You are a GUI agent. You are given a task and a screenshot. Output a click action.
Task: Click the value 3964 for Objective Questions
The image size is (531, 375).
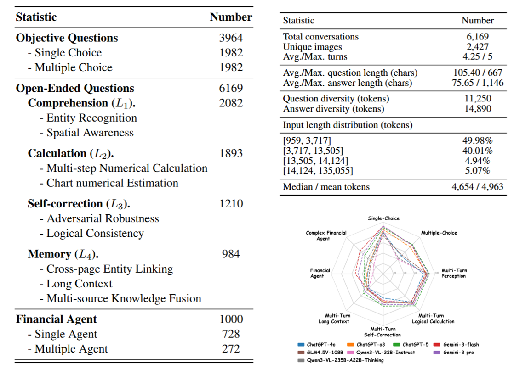[x=231, y=38]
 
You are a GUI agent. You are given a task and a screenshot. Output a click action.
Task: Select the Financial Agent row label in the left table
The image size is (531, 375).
[x=56, y=319]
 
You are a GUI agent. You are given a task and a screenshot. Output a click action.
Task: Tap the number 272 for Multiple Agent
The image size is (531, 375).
[x=231, y=348]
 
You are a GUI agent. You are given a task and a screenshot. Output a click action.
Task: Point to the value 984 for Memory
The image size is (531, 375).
[x=231, y=254]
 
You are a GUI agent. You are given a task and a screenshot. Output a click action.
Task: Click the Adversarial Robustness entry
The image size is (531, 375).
[x=103, y=218]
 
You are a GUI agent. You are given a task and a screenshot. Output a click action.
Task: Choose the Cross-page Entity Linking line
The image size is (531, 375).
[x=109, y=269]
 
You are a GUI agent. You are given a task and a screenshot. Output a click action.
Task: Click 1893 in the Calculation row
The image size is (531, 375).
[x=231, y=153]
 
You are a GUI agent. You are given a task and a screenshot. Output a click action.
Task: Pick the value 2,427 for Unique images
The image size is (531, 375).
[x=478, y=46]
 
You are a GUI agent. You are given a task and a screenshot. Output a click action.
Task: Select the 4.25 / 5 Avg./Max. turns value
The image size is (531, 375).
[x=478, y=56]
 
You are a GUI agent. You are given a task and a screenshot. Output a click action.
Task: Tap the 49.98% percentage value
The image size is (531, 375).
[x=478, y=140]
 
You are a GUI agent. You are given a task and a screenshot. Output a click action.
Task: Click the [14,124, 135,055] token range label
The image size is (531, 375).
[x=318, y=171]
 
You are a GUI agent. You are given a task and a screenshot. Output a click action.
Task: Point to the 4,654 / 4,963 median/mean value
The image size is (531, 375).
[x=478, y=186]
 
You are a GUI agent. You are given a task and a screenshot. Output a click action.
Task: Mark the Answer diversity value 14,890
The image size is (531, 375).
[x=478, y=109]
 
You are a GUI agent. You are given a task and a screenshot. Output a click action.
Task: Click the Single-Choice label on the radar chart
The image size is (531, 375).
[x=383, y=218]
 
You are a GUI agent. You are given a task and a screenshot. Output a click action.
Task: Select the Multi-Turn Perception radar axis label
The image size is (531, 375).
[x=454, y=273]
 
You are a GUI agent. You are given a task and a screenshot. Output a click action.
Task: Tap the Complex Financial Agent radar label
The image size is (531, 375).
[x=326, y=235]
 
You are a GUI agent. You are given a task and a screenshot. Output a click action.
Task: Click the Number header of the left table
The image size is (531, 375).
[x=231, y=17]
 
